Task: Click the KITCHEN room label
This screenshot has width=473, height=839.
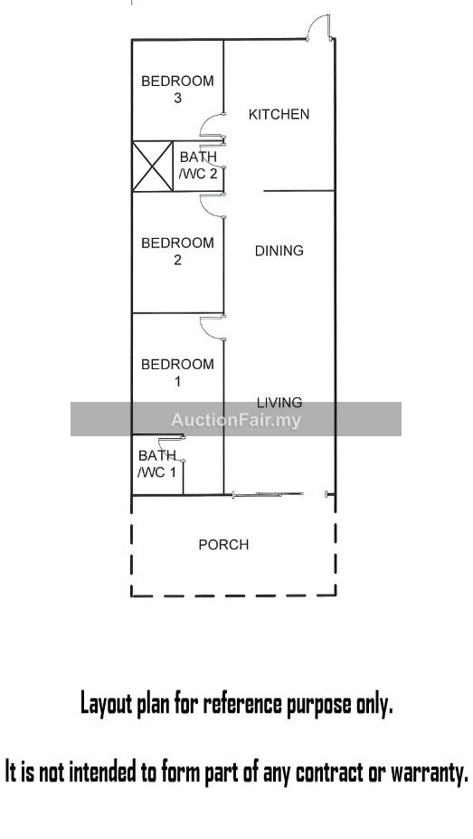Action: coord(279,114)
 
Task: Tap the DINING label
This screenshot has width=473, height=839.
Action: coord(279,251)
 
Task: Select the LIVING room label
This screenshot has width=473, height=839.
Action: coord(279,403)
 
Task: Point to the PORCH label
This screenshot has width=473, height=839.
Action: coord(223,545)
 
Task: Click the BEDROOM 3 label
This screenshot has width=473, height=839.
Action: coord(177,90)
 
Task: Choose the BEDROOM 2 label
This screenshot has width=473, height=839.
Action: coord(177,251)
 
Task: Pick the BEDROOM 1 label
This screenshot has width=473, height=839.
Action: coord(177,373)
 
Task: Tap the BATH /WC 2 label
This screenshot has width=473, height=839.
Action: coord(198,166)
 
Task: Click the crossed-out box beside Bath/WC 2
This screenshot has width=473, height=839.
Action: coord(153,166)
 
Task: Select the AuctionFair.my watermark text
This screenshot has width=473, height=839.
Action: coord(236,420)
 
